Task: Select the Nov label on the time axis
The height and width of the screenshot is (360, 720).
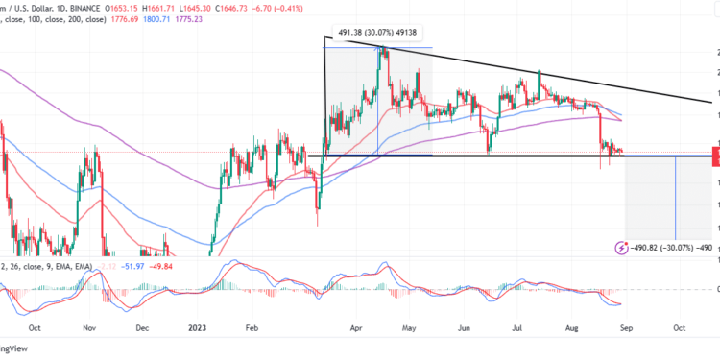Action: [x=89, y=325]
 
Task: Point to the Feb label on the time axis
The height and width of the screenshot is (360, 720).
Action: [x=252, y=325]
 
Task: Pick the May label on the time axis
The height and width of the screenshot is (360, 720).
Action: [x=409, y=325]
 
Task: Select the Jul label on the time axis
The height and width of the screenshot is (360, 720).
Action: [x=516, y=325]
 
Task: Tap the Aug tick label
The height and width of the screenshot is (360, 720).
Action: [x=569, y=325]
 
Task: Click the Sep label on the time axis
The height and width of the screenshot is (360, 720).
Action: [x=625, y=325]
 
